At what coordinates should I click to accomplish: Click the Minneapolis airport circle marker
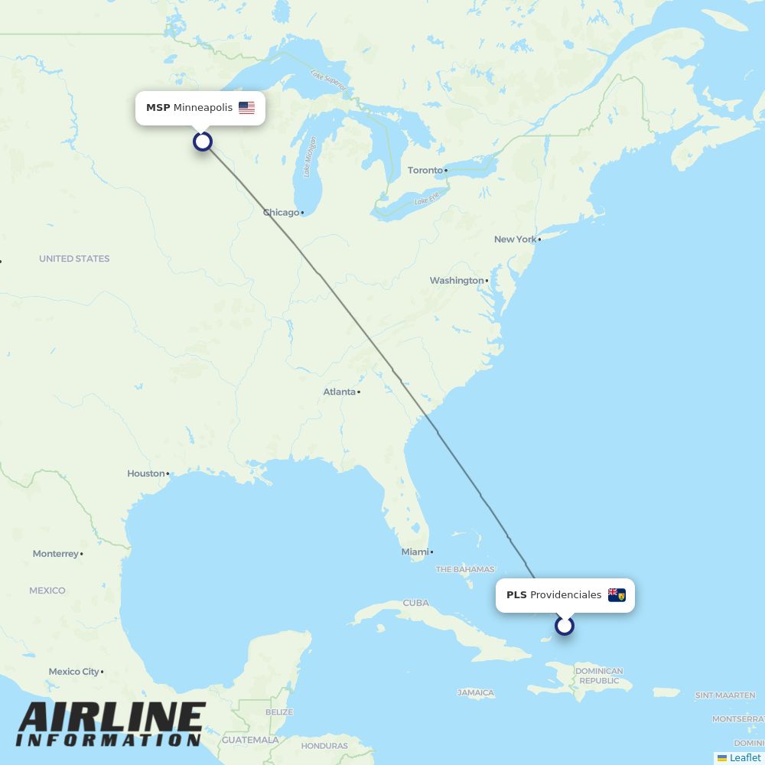point(202,142)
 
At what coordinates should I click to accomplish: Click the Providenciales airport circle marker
point(565,626)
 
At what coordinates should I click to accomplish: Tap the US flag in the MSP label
point(246,108)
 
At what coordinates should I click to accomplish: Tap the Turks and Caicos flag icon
point(617,595)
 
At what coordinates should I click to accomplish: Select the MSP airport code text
point(158,108)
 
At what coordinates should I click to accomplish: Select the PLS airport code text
point(516,595)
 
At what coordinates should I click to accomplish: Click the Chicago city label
point(282,213)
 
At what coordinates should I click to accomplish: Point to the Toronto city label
point(425,170)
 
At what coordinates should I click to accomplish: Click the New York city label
point(516,239)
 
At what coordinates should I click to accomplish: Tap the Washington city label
point(457,281)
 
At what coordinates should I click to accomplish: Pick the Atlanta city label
point(340,392)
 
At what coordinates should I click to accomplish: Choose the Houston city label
point(146,474)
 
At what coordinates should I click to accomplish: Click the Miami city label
point(415,552)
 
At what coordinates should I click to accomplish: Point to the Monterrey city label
point(56,554)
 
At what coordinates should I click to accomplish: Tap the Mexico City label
point(74,672)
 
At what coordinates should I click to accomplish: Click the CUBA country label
point(416,603)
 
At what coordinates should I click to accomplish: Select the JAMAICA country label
point(476,693)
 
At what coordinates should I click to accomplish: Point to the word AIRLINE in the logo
point(112,718)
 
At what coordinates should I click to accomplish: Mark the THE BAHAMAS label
point(465,570)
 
